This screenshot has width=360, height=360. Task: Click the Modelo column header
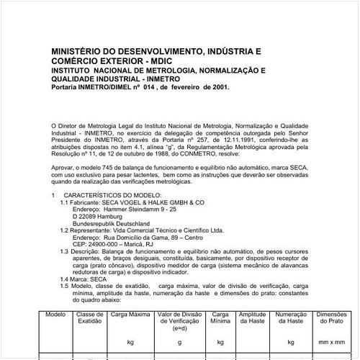tap(55, 315)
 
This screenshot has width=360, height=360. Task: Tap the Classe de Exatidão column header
tap(91, 319)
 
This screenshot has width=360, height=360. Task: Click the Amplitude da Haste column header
tap(252, 319)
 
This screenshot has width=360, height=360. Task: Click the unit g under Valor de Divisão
tap(181, 343)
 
